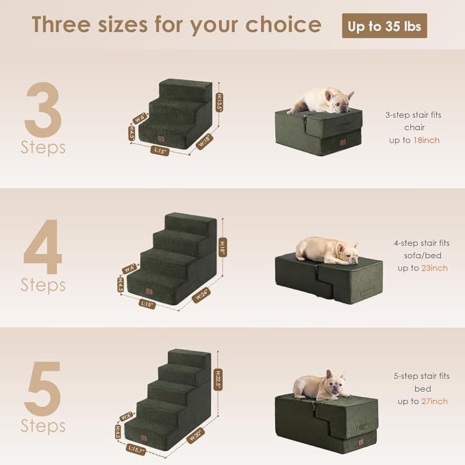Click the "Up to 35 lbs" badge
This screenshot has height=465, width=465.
pyautogui.click(x=384, y=26)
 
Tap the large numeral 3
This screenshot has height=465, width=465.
pyautogui.click(x=43, y=109)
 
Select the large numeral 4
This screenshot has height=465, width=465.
pyautogui.click(x=43, y=246)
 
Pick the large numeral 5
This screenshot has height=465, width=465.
pyautogui.click(x=43, y=388)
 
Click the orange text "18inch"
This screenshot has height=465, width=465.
pyautogui.click(x=426, y=140)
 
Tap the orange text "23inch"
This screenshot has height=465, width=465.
pyautogui.click(x=434, y=268)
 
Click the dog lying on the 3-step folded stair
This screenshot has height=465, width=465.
pyautogui.click(x=321, y=100)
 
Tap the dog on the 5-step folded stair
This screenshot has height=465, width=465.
pyautogui.click(x=321, y=387)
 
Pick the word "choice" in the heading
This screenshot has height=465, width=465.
pyautogui.click(x=284, y=25)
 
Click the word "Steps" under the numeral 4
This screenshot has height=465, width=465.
pyautogui.click(x=43, y=284)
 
